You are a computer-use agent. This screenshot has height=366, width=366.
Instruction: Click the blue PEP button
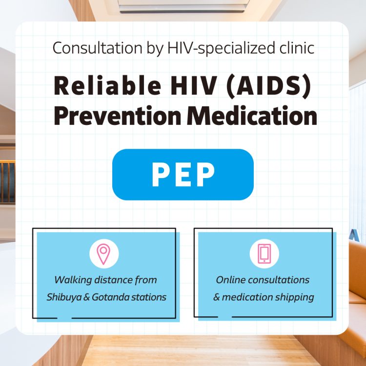click(x=183, y=174)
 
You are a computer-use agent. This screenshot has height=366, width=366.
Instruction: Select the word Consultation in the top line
click(x=85, y=48)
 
